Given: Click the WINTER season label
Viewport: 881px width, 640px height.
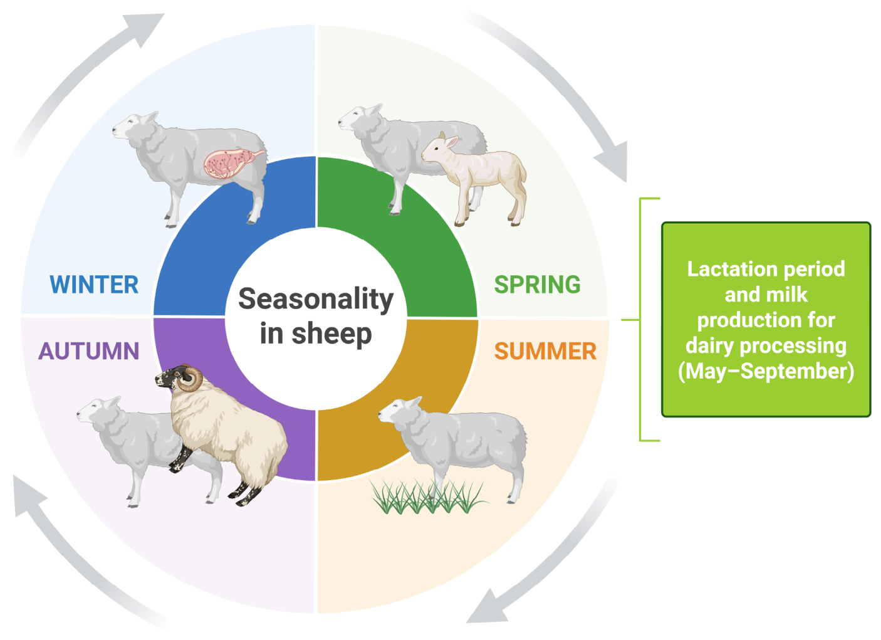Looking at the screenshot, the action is point(94,285).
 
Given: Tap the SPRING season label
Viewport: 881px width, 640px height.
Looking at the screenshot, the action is point(537,285).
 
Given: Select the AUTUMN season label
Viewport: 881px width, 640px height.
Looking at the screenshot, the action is point(89,351).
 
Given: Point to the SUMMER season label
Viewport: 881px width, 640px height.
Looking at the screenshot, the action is point(545,351).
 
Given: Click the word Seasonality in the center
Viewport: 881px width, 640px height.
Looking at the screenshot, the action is point(316,300).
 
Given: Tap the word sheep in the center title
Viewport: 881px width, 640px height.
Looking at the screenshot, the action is point(331,333).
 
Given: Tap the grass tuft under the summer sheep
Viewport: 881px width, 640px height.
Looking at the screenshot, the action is point(429,497).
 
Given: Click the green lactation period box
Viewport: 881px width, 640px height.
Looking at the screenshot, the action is point(766,320).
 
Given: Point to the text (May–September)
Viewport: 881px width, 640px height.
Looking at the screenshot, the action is point(766,371).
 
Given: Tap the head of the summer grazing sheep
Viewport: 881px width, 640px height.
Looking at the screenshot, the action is point(398,411).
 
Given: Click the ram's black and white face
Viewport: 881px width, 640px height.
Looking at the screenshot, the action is point(169,377).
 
